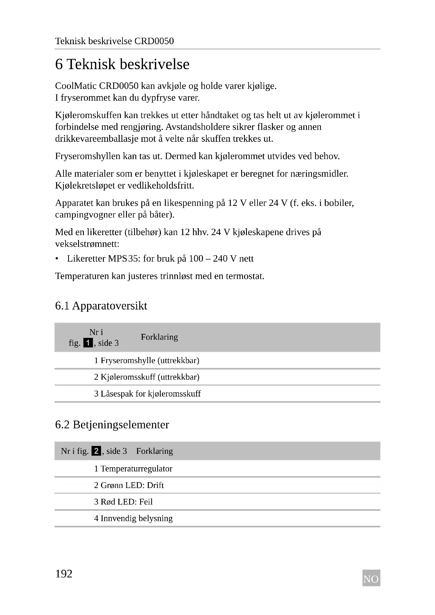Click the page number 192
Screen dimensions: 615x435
tap(64, 574)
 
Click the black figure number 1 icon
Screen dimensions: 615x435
tap(88, 343)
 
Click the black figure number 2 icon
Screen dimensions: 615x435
tap(96, 451)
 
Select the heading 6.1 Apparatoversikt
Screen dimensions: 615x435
tap(101, 306)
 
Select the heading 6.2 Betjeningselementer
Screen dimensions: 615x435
tap(112, 425)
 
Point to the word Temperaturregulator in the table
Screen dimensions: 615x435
tap(136, 469)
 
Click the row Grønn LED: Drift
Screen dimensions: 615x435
tap(129, 485)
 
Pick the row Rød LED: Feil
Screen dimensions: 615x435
tap(124, 502)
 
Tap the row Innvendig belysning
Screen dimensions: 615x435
tap(133, 519)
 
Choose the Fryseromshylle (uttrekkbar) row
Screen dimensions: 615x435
tap(147, 360)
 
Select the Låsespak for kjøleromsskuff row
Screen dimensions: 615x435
tap(147, 394)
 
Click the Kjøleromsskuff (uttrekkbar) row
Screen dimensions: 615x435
tap(147, 377)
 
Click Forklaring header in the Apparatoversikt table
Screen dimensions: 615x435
tap(159, 337)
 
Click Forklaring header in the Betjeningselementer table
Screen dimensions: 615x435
tap(155, 451)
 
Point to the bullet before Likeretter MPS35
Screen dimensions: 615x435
tap(57, 259)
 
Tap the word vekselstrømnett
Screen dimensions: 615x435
tap(87, 244)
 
